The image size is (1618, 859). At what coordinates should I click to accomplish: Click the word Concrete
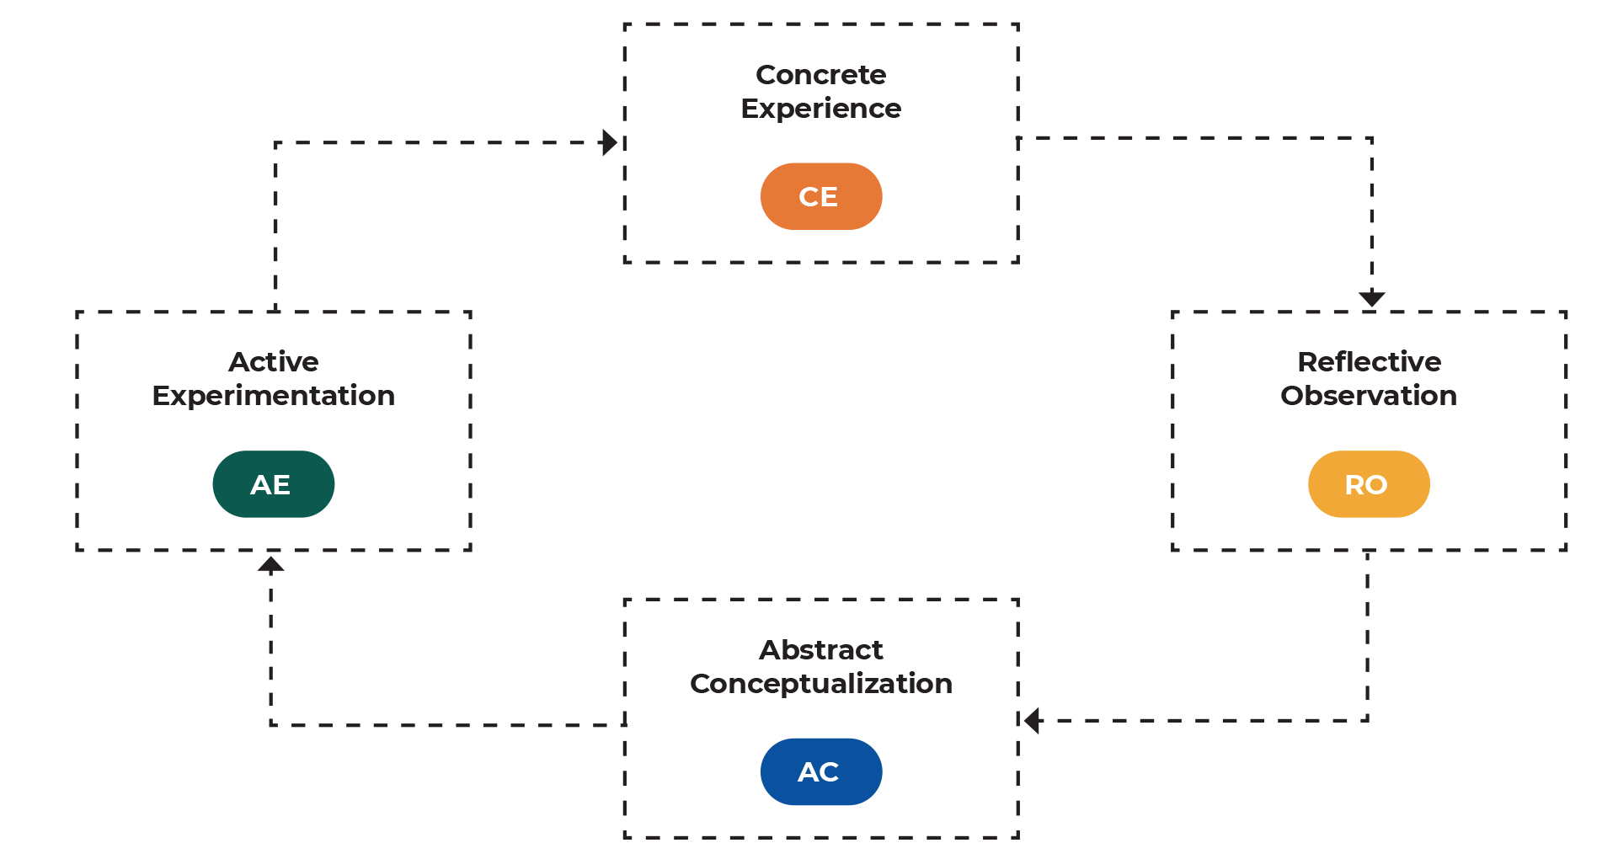pyautogui.click(x=820, y=75)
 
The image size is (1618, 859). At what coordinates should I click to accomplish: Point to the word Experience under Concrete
pyautogui.click(x=820, y=109)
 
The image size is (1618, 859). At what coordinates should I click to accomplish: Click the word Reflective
pyautogui.click(x=1369, y=362)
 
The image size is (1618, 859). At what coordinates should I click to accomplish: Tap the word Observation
pyautogui.click(x=1368, y=396)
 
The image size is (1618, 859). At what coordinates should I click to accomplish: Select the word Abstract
pyautogui.click(x=820, y=650)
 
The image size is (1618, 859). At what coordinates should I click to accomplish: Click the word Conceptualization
pyautogui.click(x=820, y=684)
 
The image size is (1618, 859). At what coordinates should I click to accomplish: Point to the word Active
pyautogui.click(x=273, y=362)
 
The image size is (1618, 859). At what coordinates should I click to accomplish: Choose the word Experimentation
pyautogui.click(x=273, y=396)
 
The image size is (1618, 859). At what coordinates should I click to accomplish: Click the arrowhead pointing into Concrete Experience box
pyautogui.click(x=611, y=142)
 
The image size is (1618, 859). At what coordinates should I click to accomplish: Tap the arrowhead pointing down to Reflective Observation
pyautogui.click(x=1371, y=299)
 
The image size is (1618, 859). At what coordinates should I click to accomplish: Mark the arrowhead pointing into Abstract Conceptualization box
pyautogui.click(x=1031, y=721)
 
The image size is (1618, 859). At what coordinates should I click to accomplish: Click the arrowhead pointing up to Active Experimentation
pyautogui.click(x=270, y=564)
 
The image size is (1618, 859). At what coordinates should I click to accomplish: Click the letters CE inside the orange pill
pyautogui.click(x=817, y=197)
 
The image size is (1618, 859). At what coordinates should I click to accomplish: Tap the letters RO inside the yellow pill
pyautogui.click(x=1365, y=485)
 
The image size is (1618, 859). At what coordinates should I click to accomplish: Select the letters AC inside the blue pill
pyautogui.click(x=817, y=772)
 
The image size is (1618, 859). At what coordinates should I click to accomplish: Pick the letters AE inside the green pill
pyautogui.click(x=270, y=485)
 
